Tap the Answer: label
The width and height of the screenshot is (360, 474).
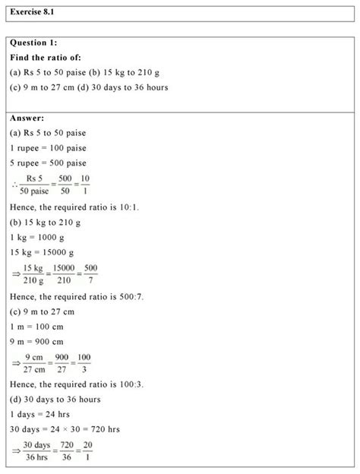(x=27, y=118)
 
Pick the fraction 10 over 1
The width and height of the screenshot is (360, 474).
(x=84, y=185)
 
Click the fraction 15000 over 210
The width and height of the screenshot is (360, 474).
(x=65, y=273)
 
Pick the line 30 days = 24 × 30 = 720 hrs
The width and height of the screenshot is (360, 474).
(x=65, y=429)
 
